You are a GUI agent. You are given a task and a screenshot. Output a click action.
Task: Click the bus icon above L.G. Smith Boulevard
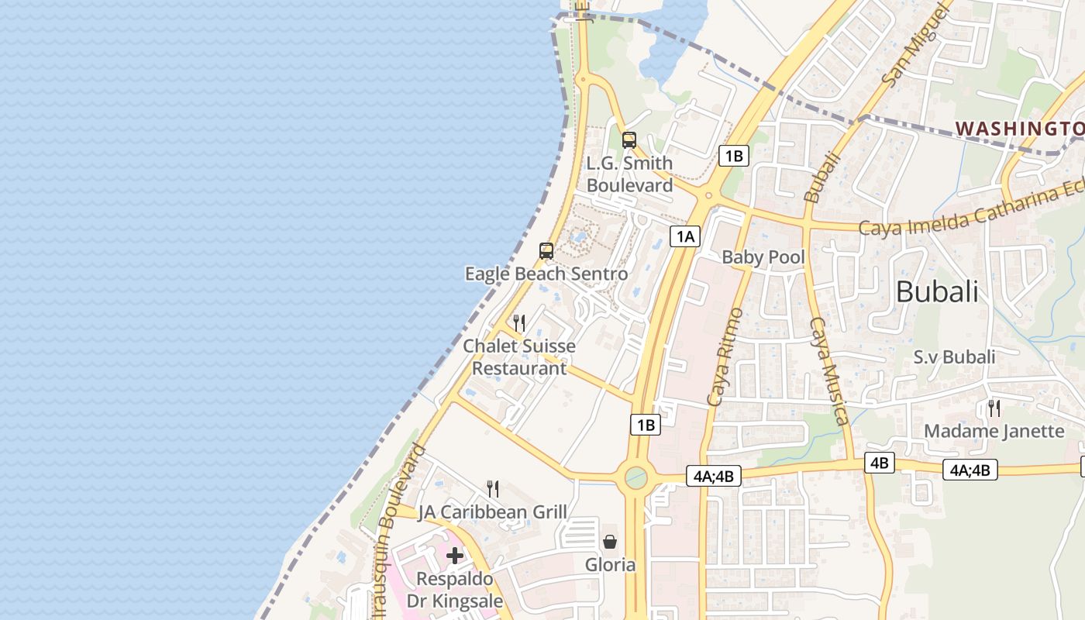click(x=629, y=140)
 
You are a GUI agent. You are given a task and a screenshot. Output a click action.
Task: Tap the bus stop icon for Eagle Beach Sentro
click(x=546, y=250)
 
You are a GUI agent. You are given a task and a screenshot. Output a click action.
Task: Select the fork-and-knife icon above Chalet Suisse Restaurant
click(x=519, y=322)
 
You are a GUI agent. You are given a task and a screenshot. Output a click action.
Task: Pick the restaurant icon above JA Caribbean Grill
click(x=493, y=488)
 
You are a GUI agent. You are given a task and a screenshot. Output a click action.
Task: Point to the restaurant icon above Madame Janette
click(x=994, y=408)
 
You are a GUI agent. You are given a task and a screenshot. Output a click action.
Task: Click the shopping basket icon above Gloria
click(x=610, y=541)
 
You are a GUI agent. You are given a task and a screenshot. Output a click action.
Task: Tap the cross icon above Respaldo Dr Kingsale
click(x=455, y=555)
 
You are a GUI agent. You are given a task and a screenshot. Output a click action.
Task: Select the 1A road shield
click(x=685, y=236)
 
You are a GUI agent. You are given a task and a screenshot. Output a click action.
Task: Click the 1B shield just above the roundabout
click(x=646, y=425)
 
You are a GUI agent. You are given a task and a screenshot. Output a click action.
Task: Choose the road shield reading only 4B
click(x=879, y=463)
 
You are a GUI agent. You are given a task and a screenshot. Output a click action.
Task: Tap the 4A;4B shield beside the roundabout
click(x=714, y=476)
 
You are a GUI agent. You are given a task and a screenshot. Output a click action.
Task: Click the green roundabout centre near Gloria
click(x=635, y=477)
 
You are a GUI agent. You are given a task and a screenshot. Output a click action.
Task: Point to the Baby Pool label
click(x=763, y=257)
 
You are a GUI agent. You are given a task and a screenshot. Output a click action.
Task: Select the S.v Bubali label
click(x=954, y=357)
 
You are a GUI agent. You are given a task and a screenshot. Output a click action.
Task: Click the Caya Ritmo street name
click(x=725, y=356)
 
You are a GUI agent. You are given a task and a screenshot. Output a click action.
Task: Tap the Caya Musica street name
click(x=828, y=370)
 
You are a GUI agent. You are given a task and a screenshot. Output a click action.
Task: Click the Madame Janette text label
click(x=994, y=431)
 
